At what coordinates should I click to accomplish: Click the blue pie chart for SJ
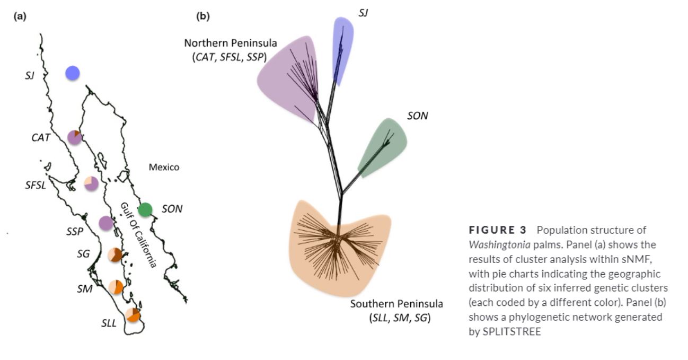(x=73, y=73)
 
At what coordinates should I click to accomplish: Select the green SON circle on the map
(x=145, y=209)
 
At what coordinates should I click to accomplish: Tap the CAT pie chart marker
(x=75, y=137)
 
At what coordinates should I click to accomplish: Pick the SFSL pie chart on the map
(x=91, y=183)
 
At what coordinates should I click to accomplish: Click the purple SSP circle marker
(x=107, y=223)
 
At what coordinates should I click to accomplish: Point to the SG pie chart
(x=115, y=254)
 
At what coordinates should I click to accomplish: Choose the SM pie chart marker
(x=116, y=287)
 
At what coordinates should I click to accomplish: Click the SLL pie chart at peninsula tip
(x=133, y=315)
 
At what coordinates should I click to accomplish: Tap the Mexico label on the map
(x=164, y=168)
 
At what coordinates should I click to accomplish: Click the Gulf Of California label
(x=138, y=234)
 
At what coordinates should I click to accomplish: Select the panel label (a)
(x=20, y=16)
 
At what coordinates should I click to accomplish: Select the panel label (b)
(x=203, y=16)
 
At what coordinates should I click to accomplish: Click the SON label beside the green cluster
(x=417, y=116)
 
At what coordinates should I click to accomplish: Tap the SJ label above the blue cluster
(x=363, y=13)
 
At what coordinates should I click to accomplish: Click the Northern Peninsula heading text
(x=231, y=43)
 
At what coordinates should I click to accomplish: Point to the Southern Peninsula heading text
(x=396, y=304)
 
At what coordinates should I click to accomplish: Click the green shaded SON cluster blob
(x=384, y=146)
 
